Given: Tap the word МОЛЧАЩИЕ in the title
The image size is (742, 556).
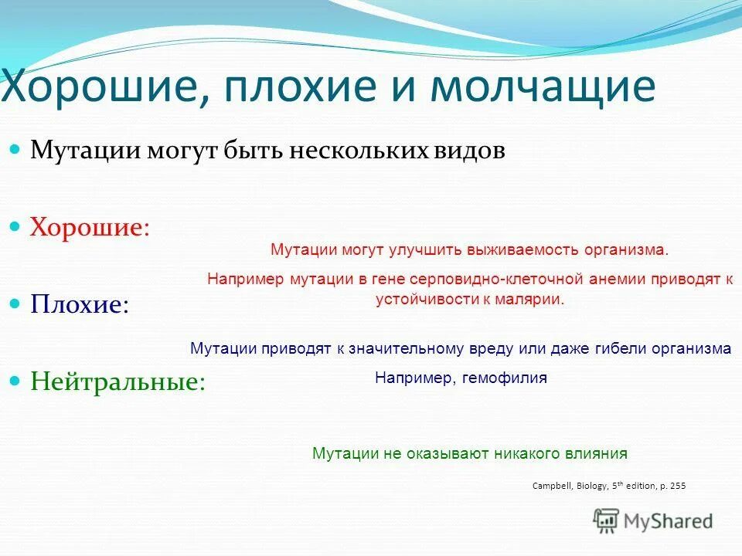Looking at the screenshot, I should coord(543,86).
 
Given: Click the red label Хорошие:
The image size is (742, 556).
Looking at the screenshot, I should coord(90,227).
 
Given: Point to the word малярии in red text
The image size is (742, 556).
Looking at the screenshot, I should coord(534,300).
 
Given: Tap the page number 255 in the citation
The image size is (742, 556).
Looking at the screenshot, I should coord(676,486).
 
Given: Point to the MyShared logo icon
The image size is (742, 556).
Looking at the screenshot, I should coord(607,521).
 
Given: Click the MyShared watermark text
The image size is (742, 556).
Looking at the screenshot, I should coord(668,521).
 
